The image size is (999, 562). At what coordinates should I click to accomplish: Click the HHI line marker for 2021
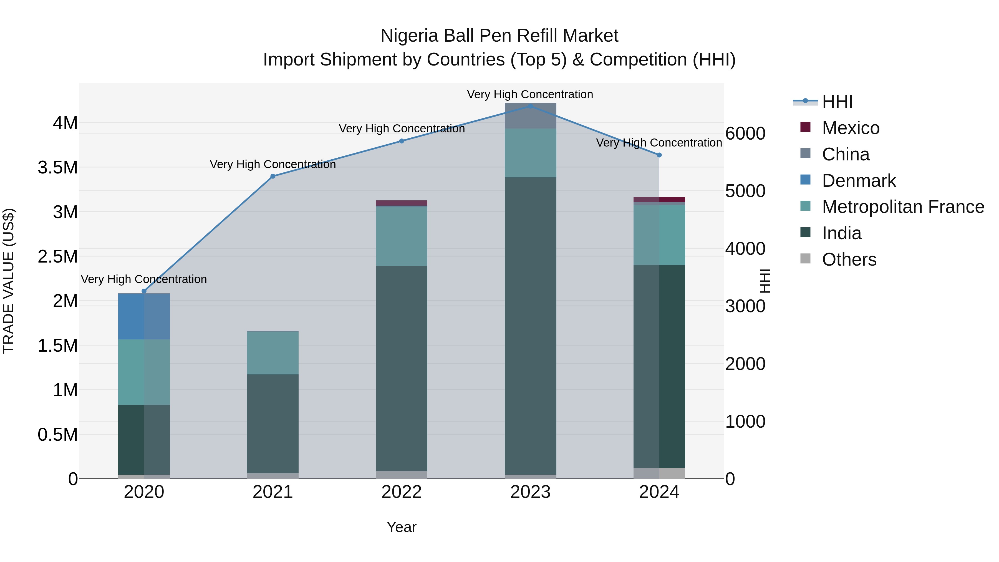(273, 176)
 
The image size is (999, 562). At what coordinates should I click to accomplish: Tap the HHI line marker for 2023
(530, 106)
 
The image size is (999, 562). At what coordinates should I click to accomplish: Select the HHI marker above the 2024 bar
(659, 155)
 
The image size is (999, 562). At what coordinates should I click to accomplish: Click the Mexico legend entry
(851, 128)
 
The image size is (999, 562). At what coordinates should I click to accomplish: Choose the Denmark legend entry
(859, 181)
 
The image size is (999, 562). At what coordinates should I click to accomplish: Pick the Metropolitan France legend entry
(903, 207)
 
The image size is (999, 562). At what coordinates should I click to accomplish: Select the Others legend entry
(849, 259)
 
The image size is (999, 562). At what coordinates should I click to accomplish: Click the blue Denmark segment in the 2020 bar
(144, 316)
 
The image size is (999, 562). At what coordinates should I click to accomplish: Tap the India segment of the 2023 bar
(530, 326)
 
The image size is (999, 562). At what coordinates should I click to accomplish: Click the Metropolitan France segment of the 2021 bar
(273, 353)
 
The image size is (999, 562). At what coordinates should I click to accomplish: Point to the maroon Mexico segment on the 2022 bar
(401, 203)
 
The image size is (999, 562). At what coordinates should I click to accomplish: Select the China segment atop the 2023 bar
(530, 115)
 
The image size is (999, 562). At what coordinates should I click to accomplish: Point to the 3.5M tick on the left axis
(57, 168)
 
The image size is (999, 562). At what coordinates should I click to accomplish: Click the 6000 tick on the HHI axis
(745, 133)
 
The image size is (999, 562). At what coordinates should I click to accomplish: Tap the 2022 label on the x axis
(401, 492)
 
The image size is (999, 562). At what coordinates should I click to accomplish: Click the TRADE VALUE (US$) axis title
(9, 281)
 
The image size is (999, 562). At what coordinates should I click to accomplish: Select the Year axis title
(401, 527)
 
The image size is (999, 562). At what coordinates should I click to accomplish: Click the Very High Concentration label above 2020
(144, 279)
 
